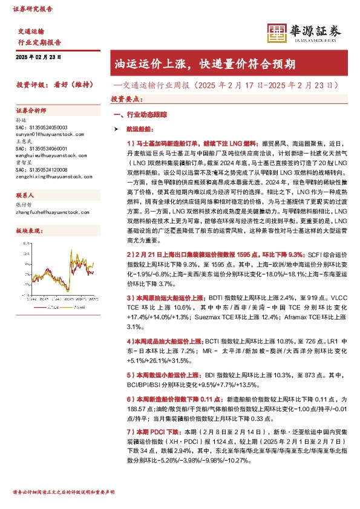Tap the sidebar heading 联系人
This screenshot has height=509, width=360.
coord(25,196)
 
